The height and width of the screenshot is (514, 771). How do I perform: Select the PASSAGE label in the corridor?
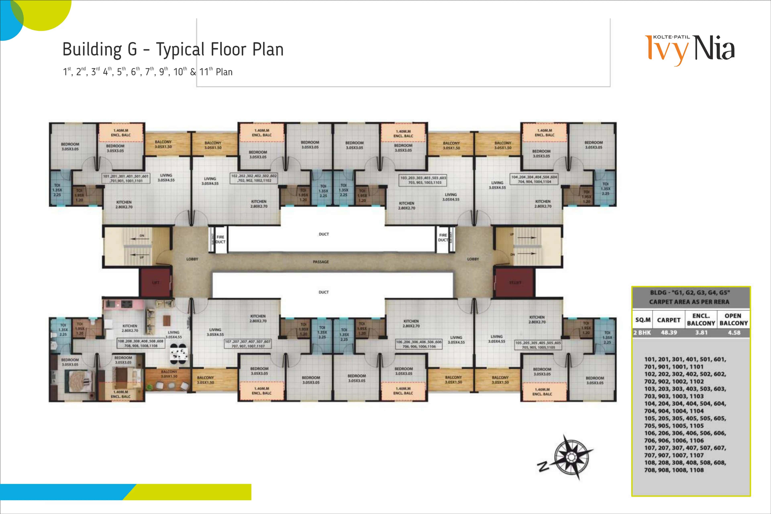321,262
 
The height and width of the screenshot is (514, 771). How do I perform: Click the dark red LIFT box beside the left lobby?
156,282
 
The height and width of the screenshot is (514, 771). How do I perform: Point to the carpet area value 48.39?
669,332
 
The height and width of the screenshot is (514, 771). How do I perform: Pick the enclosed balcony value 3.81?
701,332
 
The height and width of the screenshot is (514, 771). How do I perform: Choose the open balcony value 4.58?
734,332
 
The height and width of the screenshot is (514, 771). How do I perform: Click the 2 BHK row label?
642,332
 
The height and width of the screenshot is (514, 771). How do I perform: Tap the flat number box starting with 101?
126,178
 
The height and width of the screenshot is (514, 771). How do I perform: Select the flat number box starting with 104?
534,179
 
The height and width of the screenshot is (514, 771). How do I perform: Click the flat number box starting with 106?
419,344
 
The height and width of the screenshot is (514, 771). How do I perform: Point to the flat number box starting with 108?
141,343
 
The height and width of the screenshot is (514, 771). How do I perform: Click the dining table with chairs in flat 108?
179,354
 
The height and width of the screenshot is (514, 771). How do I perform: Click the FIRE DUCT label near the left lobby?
220,239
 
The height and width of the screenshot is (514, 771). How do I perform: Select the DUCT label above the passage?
323,234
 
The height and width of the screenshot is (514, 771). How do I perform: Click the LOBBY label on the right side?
473,259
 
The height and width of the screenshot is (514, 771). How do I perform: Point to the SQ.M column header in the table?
642,320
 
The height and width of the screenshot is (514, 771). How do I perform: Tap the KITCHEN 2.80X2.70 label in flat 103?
406,206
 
